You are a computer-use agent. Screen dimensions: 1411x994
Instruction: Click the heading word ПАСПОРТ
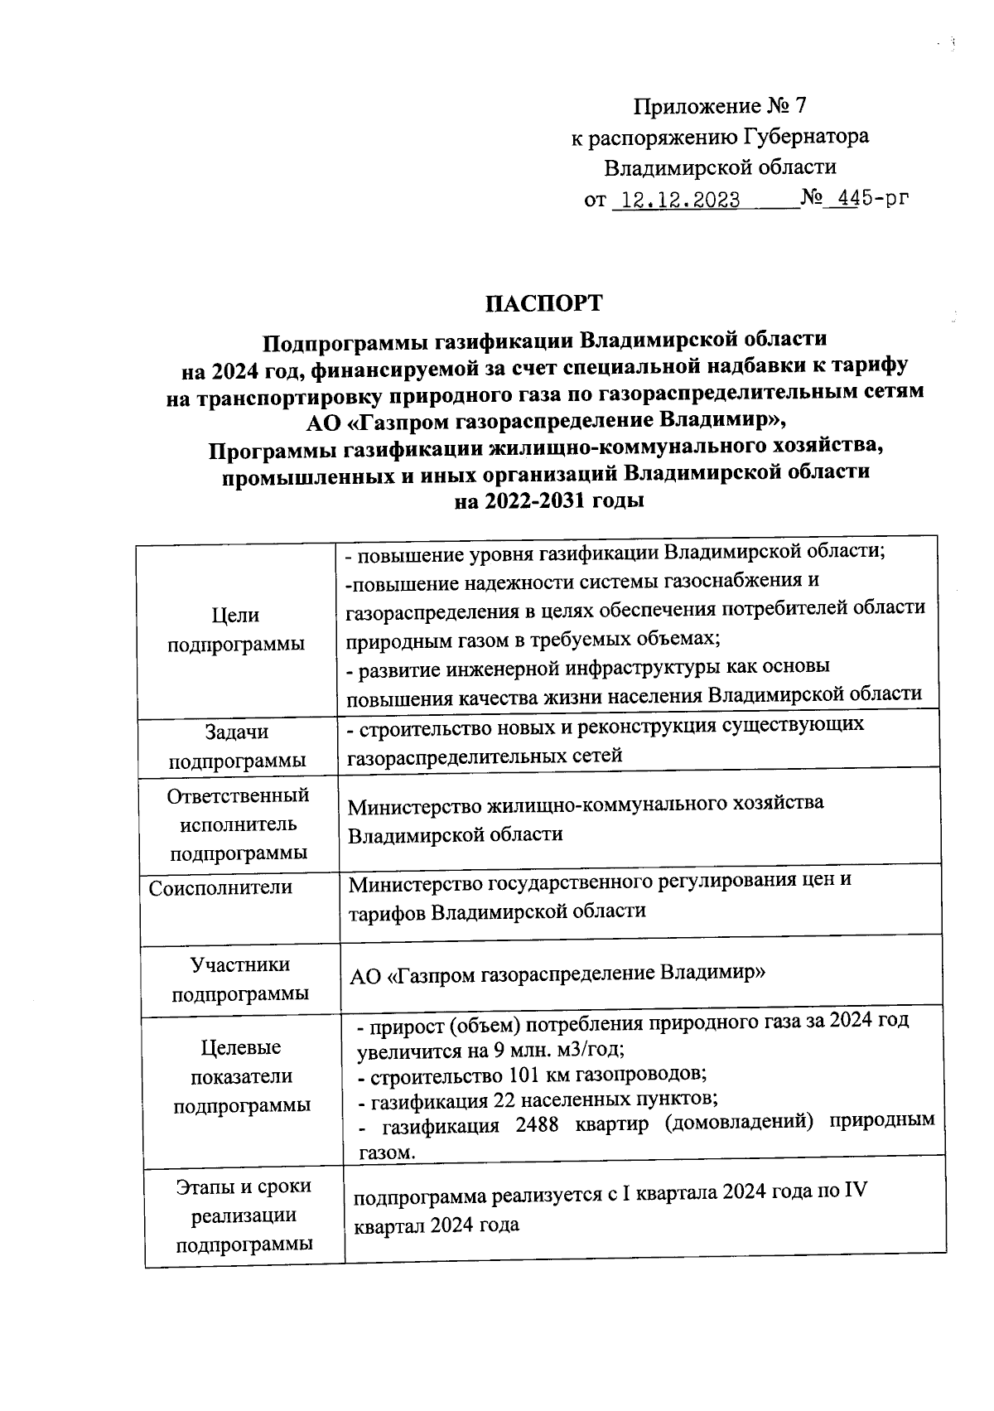(543, 303)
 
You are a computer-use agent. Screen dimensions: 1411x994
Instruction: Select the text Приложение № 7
(719, 106)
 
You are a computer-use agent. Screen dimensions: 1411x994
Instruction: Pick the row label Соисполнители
(220, 888)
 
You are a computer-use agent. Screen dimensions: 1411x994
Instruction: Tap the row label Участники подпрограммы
(240, 979)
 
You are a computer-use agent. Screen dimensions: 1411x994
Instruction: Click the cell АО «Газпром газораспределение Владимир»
(557, 974)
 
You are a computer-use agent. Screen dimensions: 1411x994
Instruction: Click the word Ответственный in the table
(238, 796)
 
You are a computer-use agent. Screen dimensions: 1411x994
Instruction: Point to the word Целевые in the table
(241, 1048)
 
